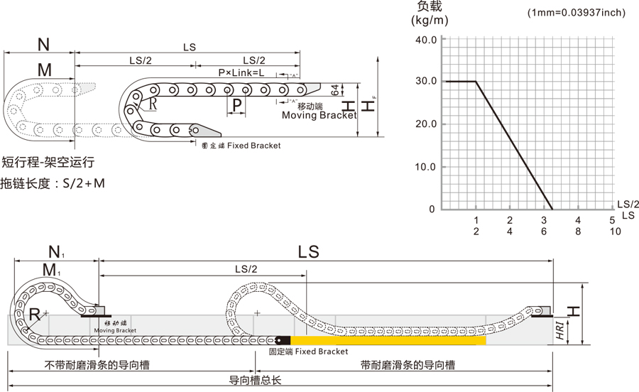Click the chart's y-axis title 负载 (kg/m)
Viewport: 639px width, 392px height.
pos(429,13)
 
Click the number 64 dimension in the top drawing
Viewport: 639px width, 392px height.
pos(335,89)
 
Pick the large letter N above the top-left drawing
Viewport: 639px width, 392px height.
pos(44,45)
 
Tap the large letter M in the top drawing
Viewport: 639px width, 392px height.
pos(45,69)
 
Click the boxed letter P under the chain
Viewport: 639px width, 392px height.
pos(238,105)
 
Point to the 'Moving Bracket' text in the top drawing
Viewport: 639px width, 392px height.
pos(319,115)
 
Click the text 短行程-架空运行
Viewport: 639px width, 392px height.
pos(48,163)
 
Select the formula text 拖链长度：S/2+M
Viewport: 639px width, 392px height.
pos(53,183)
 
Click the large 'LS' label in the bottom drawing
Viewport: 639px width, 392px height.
pos(309,252)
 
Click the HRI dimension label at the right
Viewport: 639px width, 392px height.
pos(560,330)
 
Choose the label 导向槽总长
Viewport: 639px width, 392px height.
pos(255,380)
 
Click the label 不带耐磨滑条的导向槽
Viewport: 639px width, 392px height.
pos(97,365)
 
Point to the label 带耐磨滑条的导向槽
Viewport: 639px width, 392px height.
pos(408,365)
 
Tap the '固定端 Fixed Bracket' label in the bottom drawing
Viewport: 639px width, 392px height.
pos(308,352)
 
